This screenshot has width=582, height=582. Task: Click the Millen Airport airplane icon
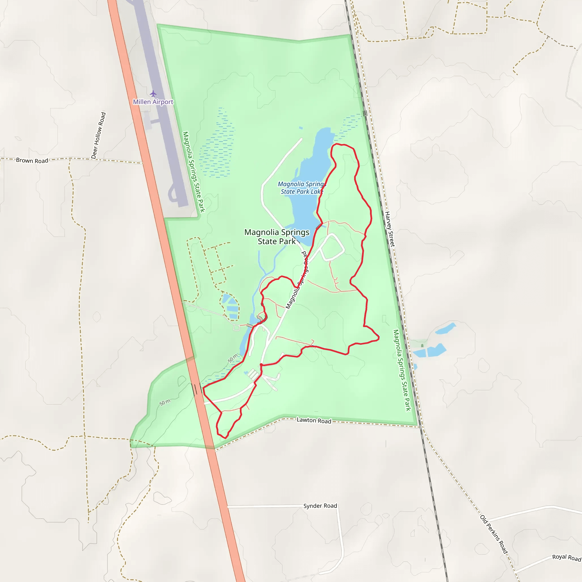153,93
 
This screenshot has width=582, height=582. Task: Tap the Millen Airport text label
153,102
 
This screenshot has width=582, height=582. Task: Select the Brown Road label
32,160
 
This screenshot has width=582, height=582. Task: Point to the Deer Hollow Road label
99,135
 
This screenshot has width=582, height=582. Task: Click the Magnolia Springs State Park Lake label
302,188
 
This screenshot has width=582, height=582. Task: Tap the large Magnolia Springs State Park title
277,236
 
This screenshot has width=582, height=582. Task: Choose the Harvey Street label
390,229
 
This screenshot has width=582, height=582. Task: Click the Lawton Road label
314,420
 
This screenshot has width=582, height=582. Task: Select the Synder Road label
320,506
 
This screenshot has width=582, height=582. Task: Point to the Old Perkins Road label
494,534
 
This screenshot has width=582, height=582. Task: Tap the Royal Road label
566,557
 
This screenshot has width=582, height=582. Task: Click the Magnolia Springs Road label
297,280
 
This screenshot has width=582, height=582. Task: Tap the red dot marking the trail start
261,365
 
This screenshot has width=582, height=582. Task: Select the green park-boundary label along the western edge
194,172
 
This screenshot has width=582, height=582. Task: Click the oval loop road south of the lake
332,247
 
